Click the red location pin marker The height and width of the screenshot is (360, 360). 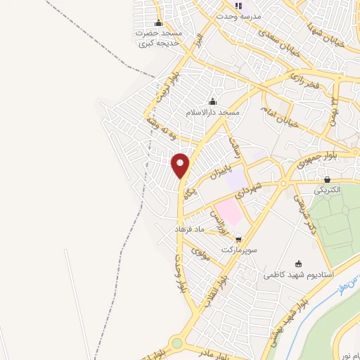coord(181,166)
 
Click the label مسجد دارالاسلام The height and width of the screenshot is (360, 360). coord(213,112)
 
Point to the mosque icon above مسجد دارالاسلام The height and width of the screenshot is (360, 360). coord(213,102)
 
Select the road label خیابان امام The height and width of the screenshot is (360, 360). coord(279,116)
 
